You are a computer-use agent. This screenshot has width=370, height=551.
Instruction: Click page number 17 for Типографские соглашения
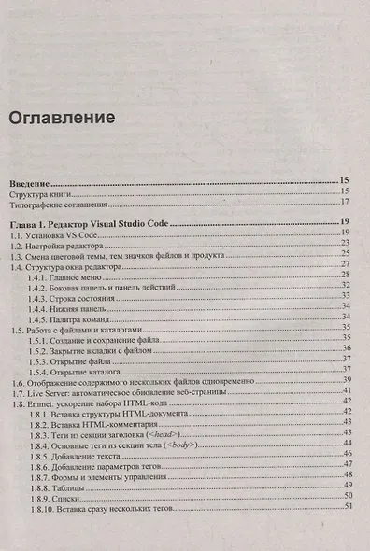click(x=345, y=202)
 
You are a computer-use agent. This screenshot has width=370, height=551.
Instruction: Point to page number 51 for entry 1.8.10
click(x=348, y=508)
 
